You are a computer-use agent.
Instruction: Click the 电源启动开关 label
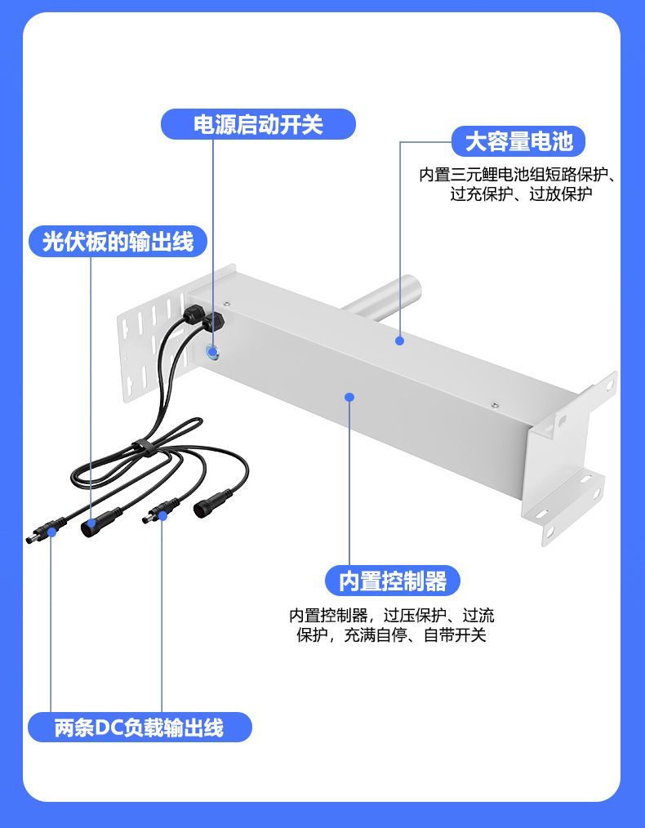click(x=258, y=125)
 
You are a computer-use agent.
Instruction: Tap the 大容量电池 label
click(x=518, y=141)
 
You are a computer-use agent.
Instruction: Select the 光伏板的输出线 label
click(x=118, y=242)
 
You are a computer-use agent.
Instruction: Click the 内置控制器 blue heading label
click(x=392, y=581)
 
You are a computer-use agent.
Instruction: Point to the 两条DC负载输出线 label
click(x=140, y=727)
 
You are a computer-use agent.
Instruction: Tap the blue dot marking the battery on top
click(x=399, y=341)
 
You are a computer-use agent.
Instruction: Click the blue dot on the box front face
click(x=349, y=397)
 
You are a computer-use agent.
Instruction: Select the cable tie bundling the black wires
click(x=144, y=446)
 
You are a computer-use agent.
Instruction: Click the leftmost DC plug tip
click(x=29, y=539)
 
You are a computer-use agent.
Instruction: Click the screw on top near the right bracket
click(x=495, y=405)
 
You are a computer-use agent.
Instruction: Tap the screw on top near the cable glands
click(x=227, y=304)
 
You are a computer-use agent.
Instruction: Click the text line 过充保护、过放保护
click(x=521, y=194)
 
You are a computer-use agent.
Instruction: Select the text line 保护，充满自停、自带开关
click(x=391, y=634)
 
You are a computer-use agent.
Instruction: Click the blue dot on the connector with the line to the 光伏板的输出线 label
click(x=91, y=523)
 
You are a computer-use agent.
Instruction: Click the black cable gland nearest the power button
click(x=214, y=320)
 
